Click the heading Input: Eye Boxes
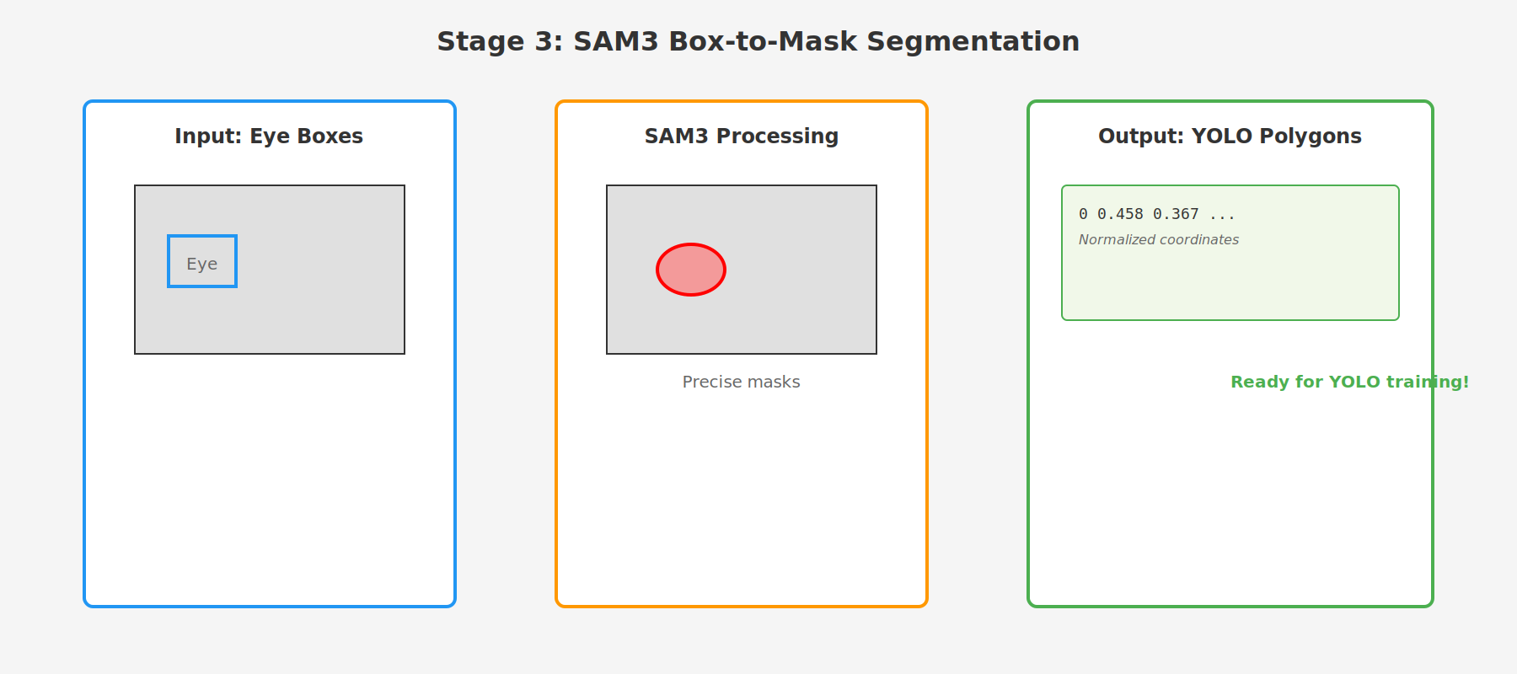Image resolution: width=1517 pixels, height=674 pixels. (269, 136)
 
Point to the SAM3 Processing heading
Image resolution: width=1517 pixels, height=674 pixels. (742, 136)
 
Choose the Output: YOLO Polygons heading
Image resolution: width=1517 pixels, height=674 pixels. (1230, 136)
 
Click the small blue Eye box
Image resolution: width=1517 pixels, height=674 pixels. (202, 262)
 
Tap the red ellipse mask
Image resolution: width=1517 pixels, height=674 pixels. (691, 270)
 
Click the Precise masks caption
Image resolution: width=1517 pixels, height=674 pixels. (742, 382)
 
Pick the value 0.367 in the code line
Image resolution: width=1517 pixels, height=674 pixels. (1176, 214)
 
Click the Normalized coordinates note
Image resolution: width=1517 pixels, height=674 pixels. (1159, 240)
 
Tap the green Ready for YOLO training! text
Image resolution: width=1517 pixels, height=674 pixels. (1349, 382)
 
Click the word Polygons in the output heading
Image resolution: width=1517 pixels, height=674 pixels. (1319, 136)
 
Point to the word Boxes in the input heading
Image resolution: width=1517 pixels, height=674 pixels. (334, 136)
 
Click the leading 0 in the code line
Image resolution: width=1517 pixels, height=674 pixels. (1083, 214)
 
